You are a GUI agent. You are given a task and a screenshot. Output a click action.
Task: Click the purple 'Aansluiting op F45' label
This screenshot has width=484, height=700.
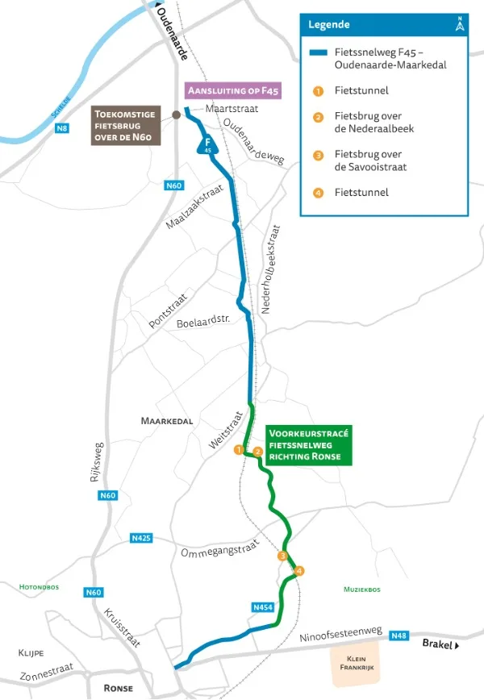point(232,91)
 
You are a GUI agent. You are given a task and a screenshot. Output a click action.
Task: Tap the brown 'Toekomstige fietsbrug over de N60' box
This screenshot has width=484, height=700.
point(127,126)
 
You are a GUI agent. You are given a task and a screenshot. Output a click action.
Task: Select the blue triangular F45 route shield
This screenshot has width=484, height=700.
point(207,145)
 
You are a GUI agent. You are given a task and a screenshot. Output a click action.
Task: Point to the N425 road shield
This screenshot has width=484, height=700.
point(140,538)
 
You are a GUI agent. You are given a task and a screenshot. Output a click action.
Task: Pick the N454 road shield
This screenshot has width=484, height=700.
point(263,606)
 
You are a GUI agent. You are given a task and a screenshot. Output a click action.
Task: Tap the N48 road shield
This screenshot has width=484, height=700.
point(398,635)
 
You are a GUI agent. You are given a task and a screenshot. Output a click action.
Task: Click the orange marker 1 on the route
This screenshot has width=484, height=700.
point(239,449)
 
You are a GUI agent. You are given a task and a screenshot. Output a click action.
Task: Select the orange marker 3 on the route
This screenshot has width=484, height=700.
point(282,556)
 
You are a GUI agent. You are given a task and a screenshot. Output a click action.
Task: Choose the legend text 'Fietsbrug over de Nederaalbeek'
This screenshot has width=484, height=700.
point(368,122)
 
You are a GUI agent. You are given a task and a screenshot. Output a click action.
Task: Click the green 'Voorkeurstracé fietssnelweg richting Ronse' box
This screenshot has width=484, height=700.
point(309,445)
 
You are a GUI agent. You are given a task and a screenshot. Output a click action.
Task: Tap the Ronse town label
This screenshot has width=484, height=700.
point(118,688)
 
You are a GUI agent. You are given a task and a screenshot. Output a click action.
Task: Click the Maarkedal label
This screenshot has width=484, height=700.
point(167,421)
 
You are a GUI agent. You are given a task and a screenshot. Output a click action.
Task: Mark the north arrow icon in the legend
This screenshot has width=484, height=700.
point(460,24)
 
